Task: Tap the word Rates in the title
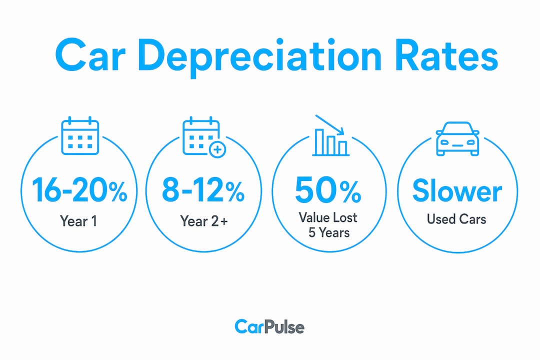[x=446, y=55]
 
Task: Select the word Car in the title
[x=89, y=55]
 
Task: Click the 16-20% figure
[x=79, y=190]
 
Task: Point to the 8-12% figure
[x=203, y=190]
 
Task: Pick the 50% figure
[x=328, y=190]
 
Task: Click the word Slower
[x=457, y=190]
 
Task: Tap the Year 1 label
[x=78, y=221]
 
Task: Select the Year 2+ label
[x=204, y=221]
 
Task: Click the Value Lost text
[x=328, y=217]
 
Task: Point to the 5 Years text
[x=329, y=232]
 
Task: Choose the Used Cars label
[x=456, y=219]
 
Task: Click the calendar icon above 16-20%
[x=80, y=135]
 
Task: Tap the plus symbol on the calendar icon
[x=217, y=150]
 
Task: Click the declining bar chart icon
[x=330, y=135]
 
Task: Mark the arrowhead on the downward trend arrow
[x=341, y=131]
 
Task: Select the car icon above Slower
[x=457, y=139]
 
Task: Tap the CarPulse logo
[x=269, y=327]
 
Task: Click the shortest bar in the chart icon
[x=342, y=148]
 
